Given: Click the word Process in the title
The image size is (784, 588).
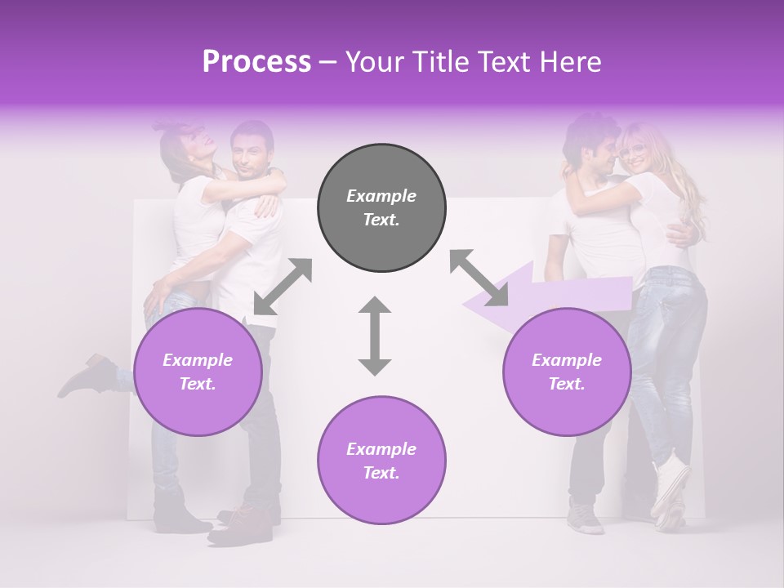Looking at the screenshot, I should point(256,61).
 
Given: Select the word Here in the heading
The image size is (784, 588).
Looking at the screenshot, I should point(570,61).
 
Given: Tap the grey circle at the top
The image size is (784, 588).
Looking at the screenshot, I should point(381,207).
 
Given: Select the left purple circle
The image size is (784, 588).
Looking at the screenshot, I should point(198,372).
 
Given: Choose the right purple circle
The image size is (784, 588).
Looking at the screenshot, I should point(566,372).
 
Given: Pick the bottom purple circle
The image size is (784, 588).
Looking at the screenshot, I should point(381,461).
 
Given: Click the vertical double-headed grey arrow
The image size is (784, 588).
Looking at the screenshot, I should point(375,336).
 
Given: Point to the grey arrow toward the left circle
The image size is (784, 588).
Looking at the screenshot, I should point(283,286).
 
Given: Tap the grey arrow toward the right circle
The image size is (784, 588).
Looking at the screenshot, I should point(479,278).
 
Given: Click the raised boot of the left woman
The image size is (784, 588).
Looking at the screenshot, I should point(86,376).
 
